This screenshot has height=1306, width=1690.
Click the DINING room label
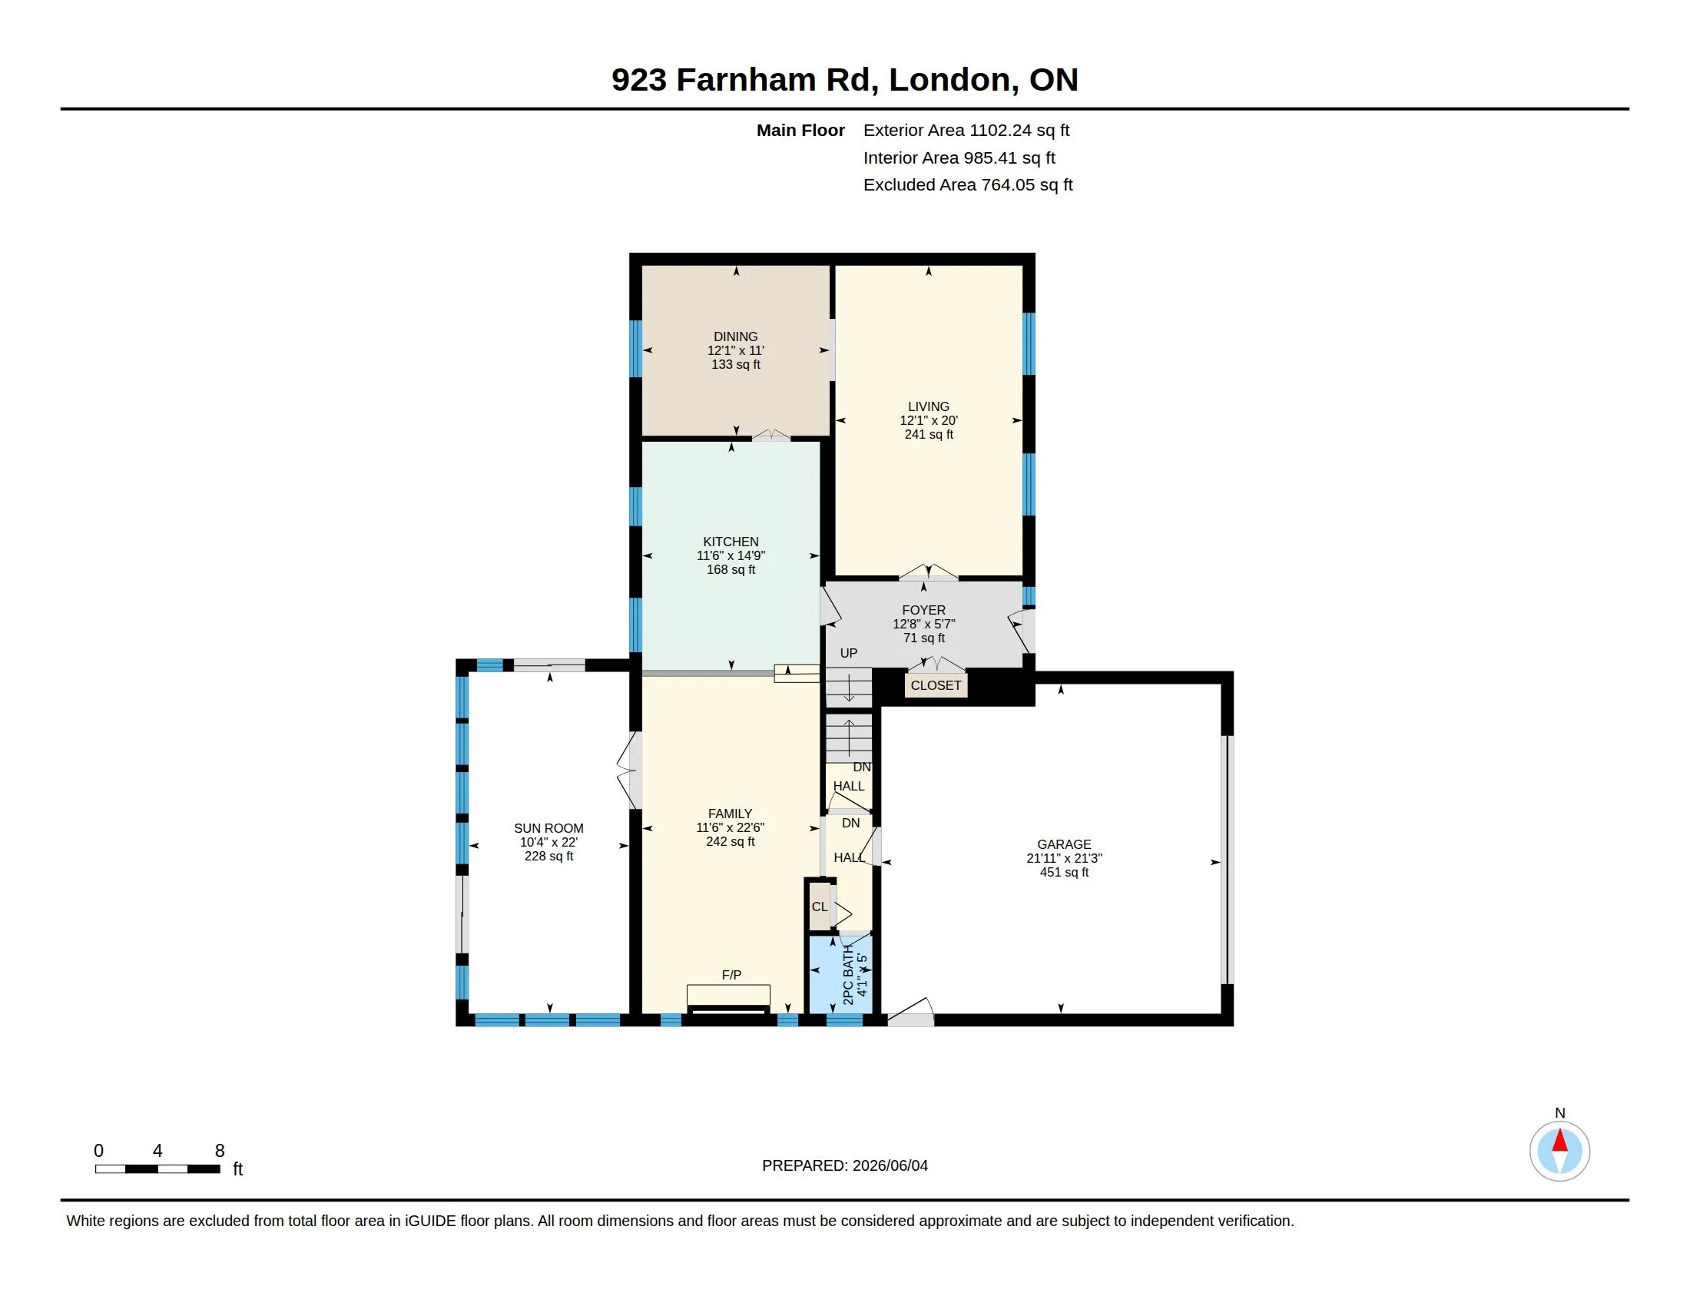[x=735, y=336]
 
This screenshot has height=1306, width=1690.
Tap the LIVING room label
[x=929, y=406]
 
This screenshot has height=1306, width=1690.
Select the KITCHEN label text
[x=731, y=542]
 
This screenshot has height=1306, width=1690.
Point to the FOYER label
[x=924, y=610]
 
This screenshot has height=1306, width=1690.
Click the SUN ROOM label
[x=548, y=828]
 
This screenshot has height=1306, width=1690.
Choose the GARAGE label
[x=1064, y=844]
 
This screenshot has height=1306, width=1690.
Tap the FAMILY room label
[x=730, y=813]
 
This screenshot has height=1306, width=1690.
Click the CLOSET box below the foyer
[x=936, y=685]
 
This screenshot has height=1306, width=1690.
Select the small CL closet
[x=820, y=907]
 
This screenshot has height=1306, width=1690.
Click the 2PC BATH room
[x=840, y=973]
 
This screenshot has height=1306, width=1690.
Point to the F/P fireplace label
[x=731, y=975]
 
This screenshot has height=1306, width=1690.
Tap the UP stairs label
[x=849, y=653]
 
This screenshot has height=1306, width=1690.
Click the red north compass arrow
[x=1560, y=1140]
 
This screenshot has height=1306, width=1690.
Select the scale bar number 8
[x=220, y=1151]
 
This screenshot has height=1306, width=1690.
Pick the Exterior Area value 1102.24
[x=1000, y=130]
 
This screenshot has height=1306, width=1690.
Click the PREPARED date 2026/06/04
[x=890, y=1165]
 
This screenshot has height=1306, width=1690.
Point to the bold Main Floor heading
[x=800, y=130]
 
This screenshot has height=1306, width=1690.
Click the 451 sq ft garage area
[x=1064, y=872]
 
